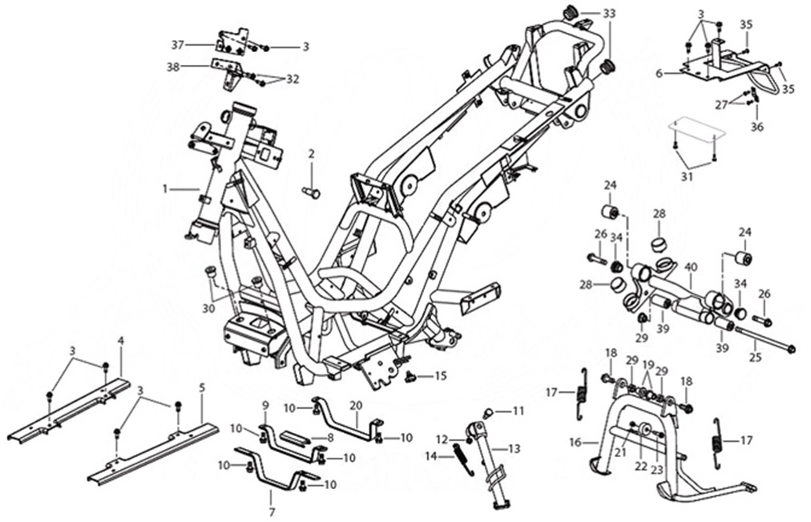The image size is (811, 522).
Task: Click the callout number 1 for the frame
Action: click(164, 189)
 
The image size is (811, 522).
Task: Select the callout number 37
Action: click(178, 43)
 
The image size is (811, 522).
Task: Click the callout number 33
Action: click(610, 14)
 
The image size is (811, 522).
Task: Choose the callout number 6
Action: click(659, 73)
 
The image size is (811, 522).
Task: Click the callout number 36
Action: click(757, 126)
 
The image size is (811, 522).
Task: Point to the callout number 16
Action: click(593, 441)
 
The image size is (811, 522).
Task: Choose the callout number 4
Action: click(121, 340)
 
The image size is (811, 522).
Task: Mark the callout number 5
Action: click(202, 386)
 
